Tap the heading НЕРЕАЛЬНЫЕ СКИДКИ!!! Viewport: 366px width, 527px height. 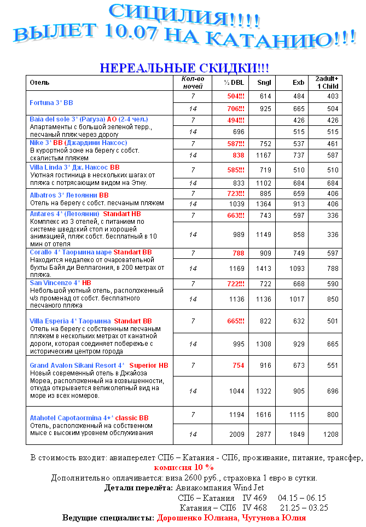(x=184, y=68)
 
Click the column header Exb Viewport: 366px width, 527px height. (x=298, y=83)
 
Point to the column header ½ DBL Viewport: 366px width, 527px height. (x=234, y=83)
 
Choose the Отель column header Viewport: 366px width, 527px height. (x=39, y=83)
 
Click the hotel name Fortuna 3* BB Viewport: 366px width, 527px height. (x=51, y=102)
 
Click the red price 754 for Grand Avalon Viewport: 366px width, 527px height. (x=239, y=365)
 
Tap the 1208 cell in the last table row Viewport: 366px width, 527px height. (x=329, y=434)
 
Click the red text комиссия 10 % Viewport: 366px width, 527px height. (x=184, y=467)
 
